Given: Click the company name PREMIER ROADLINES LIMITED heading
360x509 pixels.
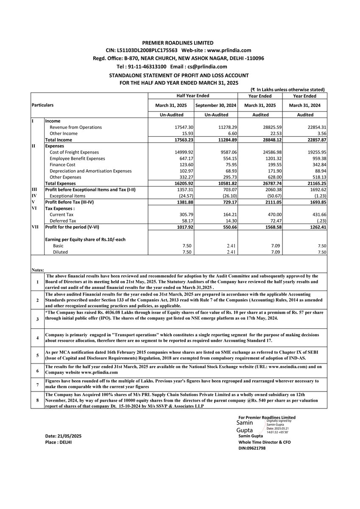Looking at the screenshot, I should [x=178, y=43].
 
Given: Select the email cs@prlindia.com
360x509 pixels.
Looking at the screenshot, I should [x=206, y=67].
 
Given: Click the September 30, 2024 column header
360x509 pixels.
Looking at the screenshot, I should [x=215, y=105].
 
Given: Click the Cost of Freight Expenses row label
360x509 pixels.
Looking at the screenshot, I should [x=74, y=152].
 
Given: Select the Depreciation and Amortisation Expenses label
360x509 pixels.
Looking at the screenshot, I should [x=91, y=171].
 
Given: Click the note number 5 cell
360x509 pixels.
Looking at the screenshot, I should [x=37, y=355].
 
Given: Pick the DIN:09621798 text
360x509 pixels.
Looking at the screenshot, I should [x=252, y=448].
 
